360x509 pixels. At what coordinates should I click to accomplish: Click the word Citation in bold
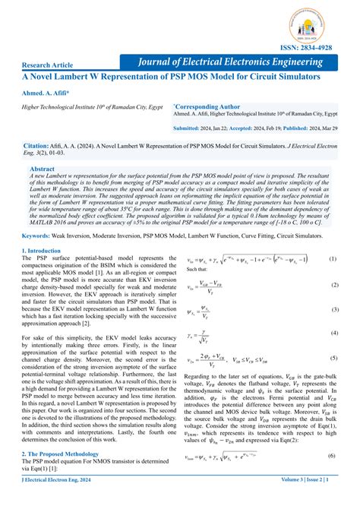tap(39, 144)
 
